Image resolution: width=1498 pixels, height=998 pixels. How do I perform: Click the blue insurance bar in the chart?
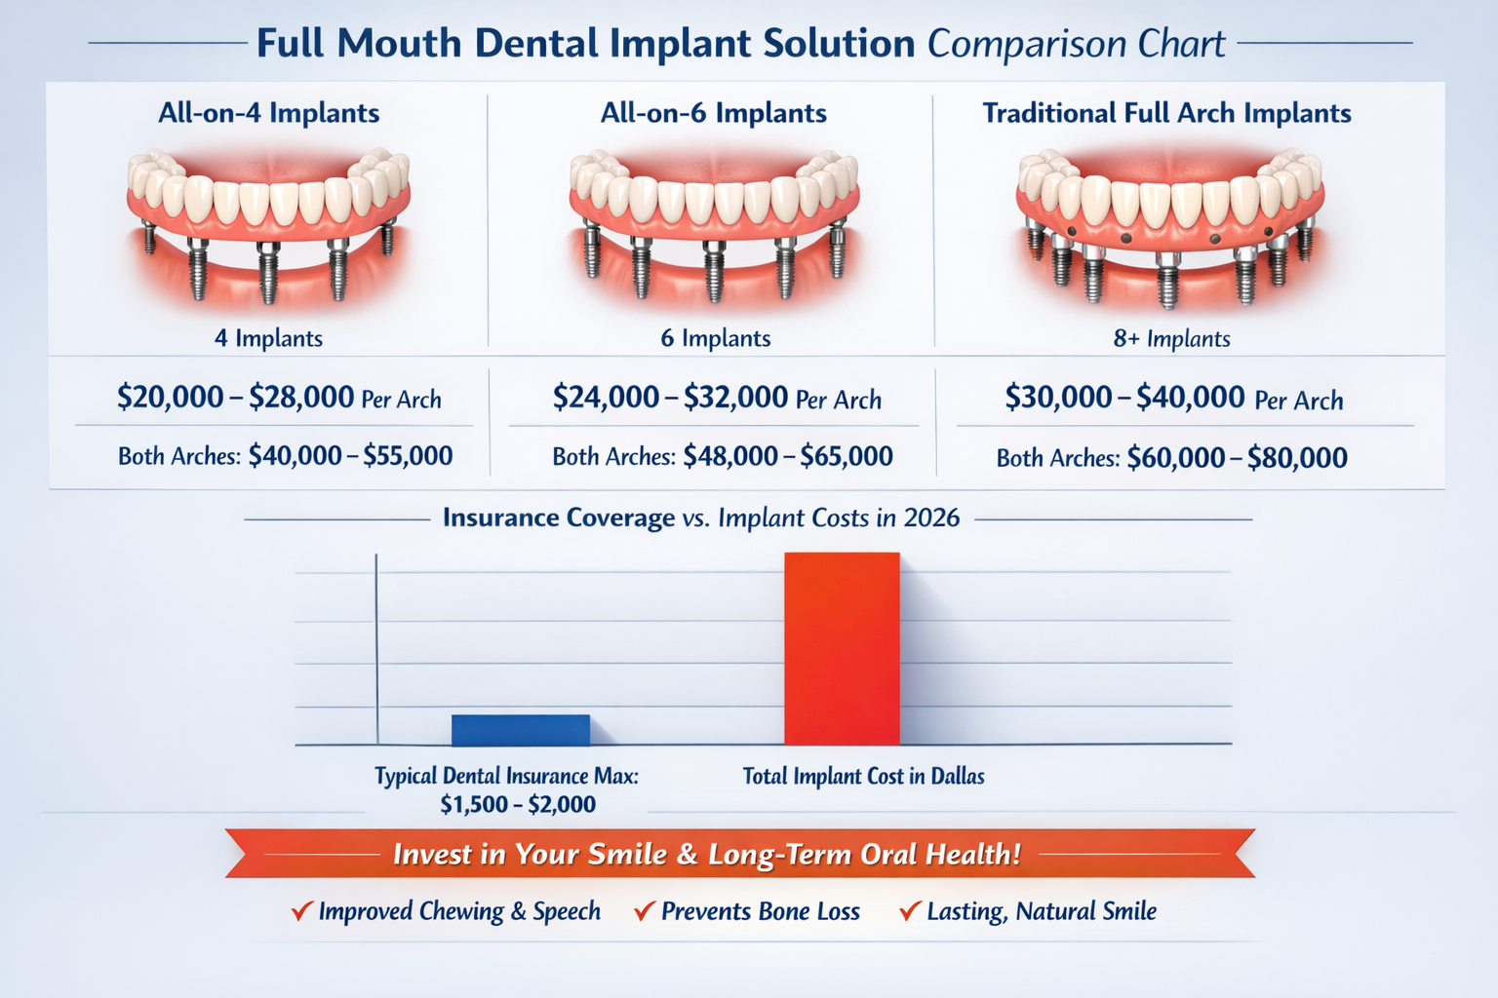pyautogui.click(x=520, y=730)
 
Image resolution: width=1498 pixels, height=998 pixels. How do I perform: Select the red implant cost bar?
pyautogui.click(x=842, y=648)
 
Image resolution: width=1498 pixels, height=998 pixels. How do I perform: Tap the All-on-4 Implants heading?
pyautogui.click(x=269, y=113)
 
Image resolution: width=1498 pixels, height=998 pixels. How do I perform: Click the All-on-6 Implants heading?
pyautogui.click(x=713, y=113)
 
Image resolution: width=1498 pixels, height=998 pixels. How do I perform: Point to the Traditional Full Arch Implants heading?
pyautogui.click(x=1166, y=113)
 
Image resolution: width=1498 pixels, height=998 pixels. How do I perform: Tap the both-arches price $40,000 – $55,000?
pyautogui.click(x=350, y=456)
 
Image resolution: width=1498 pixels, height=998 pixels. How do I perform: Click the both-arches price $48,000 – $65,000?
pyautogui.click(x=787, y=456)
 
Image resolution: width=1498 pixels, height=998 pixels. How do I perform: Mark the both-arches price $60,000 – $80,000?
pyautogui.click(x=1237, y=458)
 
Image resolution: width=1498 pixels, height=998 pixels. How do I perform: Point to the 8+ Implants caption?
pyautogui.click(x=1171, y=339)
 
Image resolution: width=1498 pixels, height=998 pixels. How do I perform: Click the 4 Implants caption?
pyautogui.click(x=268, y=338)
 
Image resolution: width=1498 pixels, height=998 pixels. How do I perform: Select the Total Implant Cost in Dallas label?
pyautogui.click(x=863, y=777)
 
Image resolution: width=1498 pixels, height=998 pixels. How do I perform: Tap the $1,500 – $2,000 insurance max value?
pyautogui.click(x=517, y=805)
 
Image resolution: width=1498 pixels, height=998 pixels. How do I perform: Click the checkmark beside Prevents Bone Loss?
pyautogui.click(x=644, y=911)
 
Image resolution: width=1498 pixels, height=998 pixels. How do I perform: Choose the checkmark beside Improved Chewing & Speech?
pyautogui.click(x=301, y=911)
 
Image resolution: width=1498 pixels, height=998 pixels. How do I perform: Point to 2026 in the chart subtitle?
pyautogui.click(x=931, y=518)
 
